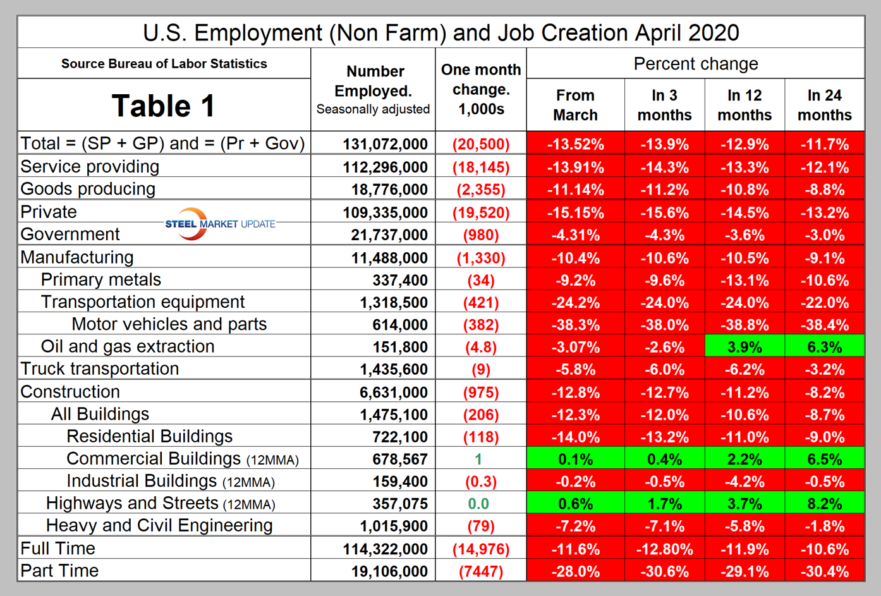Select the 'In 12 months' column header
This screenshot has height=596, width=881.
(x=744, y=105)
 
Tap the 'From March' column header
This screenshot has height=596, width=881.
(x=575, y=105)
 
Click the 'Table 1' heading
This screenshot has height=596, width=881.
(x=163, y=106)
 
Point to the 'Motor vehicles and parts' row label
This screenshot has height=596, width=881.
(x=169, y=324)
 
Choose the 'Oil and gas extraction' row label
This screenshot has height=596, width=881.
(x=128, y=346)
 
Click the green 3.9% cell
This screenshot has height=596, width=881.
(x=744, y=347)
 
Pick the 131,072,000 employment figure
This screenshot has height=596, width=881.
(x=385, y=144)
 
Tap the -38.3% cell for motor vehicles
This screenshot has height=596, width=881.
(x=575, y=325)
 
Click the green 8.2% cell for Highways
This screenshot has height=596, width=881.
(x=824, y=504)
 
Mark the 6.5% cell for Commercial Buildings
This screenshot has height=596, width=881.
(x=824, y=459)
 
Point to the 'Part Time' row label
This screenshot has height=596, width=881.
(x=59, y=571)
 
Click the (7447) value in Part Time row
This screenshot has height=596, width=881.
(x=481, y=571)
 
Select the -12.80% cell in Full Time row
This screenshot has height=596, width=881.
(x=664, y=549)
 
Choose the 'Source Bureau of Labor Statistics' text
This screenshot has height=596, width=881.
(x=164, y=64)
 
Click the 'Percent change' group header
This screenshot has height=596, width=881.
(x=695, y=64)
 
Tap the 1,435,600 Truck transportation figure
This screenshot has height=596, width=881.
(x=394, y=369)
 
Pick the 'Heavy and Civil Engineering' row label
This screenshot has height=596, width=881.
(x=159, y=526)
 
